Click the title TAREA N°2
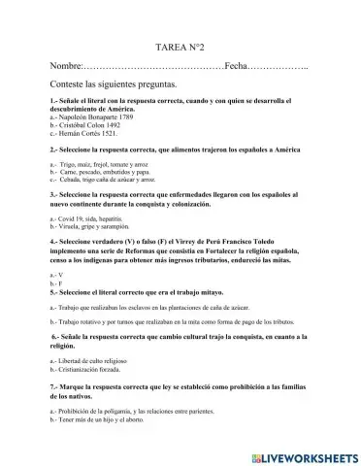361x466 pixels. coord(180,74)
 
